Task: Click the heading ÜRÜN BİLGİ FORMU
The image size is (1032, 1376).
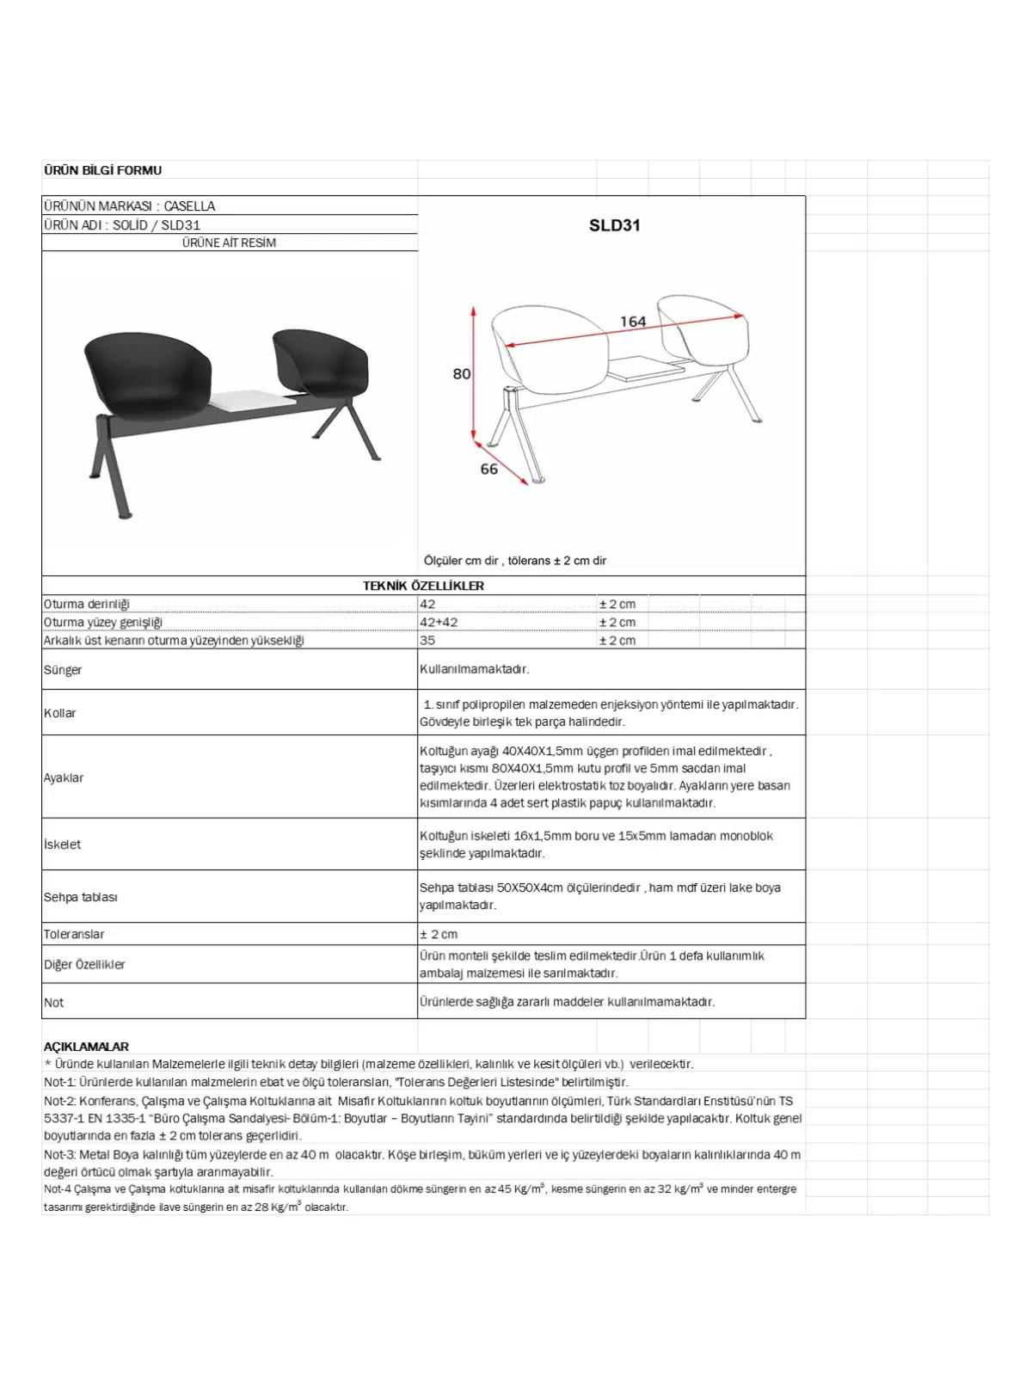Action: pos(102,170)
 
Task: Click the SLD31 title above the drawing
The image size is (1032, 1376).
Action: pos(614,225)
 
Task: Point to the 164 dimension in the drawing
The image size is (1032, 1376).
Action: pos(633,322)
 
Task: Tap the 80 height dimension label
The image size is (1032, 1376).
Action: pos(462,374)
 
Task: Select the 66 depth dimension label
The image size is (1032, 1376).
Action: pos(488,469)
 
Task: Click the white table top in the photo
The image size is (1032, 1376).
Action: pos(251,401)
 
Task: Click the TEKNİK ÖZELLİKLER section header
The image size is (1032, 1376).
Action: pos(423,586)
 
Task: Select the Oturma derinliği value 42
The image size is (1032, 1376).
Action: pos(427,604)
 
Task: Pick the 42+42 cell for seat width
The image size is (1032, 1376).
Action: pos(439,622)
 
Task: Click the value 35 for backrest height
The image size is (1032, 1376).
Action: pos(427,640)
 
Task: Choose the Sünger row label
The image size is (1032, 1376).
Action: pos(63,669)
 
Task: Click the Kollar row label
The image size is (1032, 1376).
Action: pos(59,713)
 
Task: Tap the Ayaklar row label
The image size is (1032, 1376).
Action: pos(64,777)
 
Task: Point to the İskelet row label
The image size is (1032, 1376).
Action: pos(62,845)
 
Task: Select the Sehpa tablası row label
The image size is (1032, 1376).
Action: pos(81,897)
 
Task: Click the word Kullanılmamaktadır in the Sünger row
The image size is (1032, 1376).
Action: pos(474,669)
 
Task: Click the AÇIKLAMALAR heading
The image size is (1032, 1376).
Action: pos(86,1047)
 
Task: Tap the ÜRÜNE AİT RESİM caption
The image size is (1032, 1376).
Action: pos(229,243)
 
